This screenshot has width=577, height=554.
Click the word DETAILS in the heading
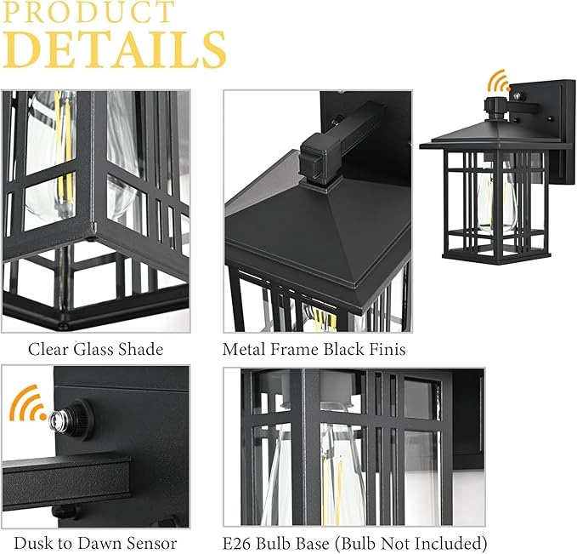[x=115, y=50]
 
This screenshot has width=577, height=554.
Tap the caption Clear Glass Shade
[x=95, y=349]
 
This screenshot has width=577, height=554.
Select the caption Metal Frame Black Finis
[x=314, y=349]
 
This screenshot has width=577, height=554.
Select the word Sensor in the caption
[x=152, y=544]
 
